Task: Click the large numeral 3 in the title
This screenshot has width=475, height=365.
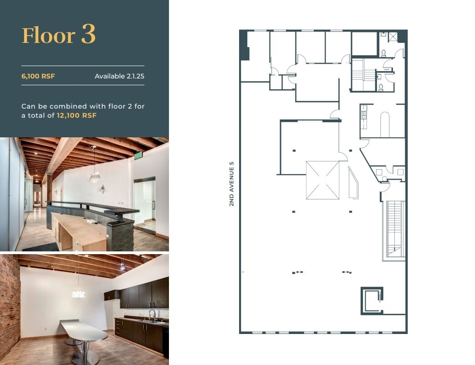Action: [x=88, y=35]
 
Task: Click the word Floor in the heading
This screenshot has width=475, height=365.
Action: [x=49, y=36]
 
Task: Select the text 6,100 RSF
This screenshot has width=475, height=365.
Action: [x=38, y=76]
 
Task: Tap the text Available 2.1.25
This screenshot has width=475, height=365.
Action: [x=119, y=76]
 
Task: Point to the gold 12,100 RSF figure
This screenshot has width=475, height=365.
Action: [x=77, y=115]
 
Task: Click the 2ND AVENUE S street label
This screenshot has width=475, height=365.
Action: [x=231, y=183]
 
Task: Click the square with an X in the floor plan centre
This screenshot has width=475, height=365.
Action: [x=322, y=180]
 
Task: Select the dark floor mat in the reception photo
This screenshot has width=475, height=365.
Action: [x=41, y=247]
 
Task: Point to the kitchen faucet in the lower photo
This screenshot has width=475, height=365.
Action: [x=153, y=314]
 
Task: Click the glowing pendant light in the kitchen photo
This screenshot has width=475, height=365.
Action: [x=78, y=294]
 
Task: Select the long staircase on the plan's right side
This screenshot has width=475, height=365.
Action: [x=395, y=228]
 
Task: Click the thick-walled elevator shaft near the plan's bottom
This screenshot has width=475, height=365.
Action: [x=372, y=300]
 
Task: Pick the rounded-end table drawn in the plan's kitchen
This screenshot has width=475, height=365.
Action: [x=385, y=124]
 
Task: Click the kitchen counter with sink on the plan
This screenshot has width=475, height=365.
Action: [x=363, y=117]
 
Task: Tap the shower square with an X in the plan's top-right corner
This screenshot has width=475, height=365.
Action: [x=393, y=36]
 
